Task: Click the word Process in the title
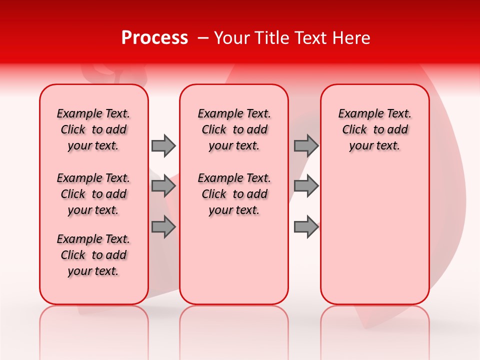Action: [154, 38]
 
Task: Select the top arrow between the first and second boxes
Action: [163, 145]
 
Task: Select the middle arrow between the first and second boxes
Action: [163, 186]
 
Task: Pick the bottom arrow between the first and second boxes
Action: [163, 227]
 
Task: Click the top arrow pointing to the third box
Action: [306, 145]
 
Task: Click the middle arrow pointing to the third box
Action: [306, 186]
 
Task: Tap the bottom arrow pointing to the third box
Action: [306, 227]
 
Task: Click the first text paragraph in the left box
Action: [93, 129]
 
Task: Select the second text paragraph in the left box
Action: [93, 194]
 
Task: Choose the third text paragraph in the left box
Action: [93, 255]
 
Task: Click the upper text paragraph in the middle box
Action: [234, 129]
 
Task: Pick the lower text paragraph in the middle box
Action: [234, 194]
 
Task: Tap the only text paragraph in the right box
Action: [374, 129]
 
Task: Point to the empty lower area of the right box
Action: [374, 235]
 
